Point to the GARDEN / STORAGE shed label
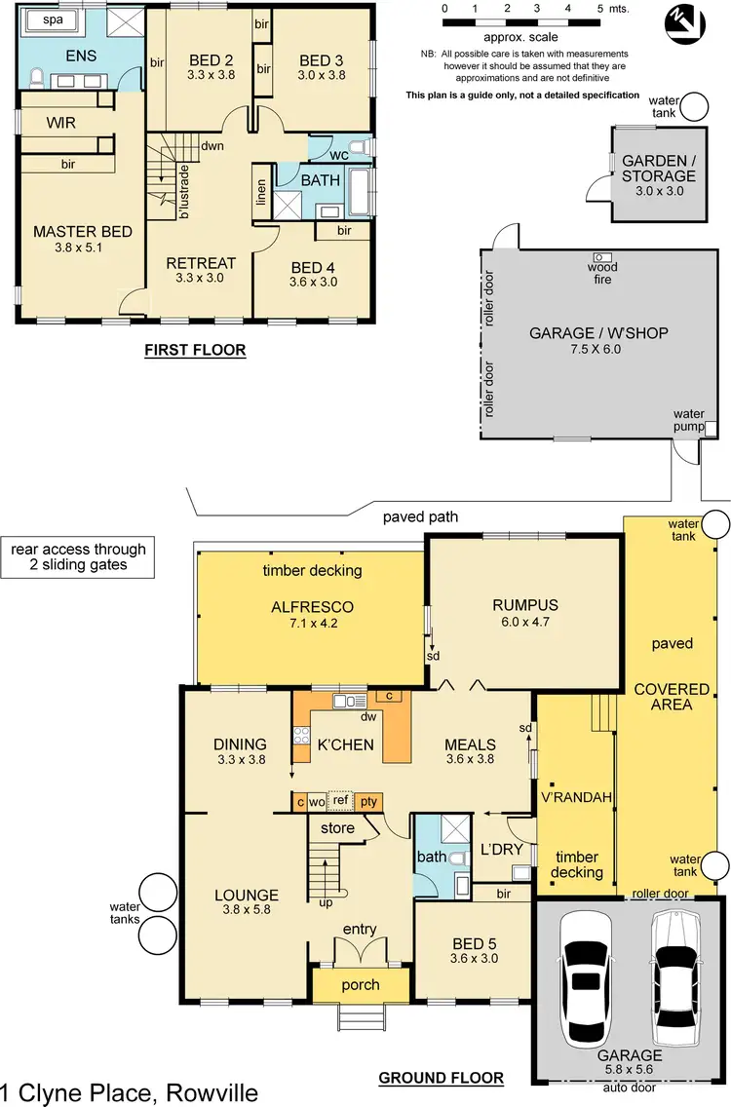click(x=659, y=169)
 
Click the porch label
click(x=360, y=984)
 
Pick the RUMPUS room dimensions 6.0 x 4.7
click(x=526, y=624)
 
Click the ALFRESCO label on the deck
click(x=312, y=606)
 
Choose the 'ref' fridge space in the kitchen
click(x=340, y=800)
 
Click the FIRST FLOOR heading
click(x=194, y=351)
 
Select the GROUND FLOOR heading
click(x=440, y=1078)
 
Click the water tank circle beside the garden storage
click(x=696, y=105)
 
